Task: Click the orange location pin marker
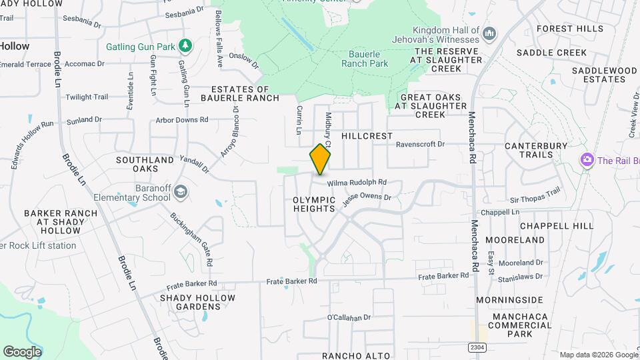tap(320, 159)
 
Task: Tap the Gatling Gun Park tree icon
tap(185, 46)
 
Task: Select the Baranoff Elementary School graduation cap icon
tap(180, 193)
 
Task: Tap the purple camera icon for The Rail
tap(587, 160)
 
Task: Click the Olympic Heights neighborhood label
tap(313, 204)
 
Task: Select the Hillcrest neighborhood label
tap(367, 135)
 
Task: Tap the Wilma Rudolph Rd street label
tap(357, 182)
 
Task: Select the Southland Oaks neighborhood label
tap(145, 165)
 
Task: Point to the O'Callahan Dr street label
tap(349, 317)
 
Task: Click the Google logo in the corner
tap(22, 351)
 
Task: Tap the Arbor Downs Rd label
tap(181, 120)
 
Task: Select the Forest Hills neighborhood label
tap(569, 29)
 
